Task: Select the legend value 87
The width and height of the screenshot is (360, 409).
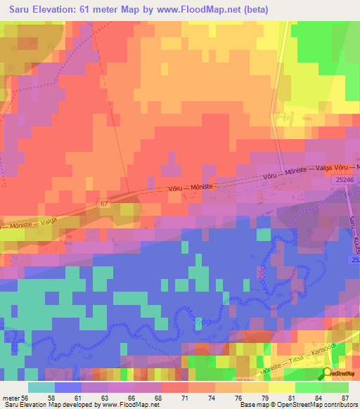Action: coord(345,397)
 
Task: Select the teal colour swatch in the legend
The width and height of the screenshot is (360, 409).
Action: coord(41,387)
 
